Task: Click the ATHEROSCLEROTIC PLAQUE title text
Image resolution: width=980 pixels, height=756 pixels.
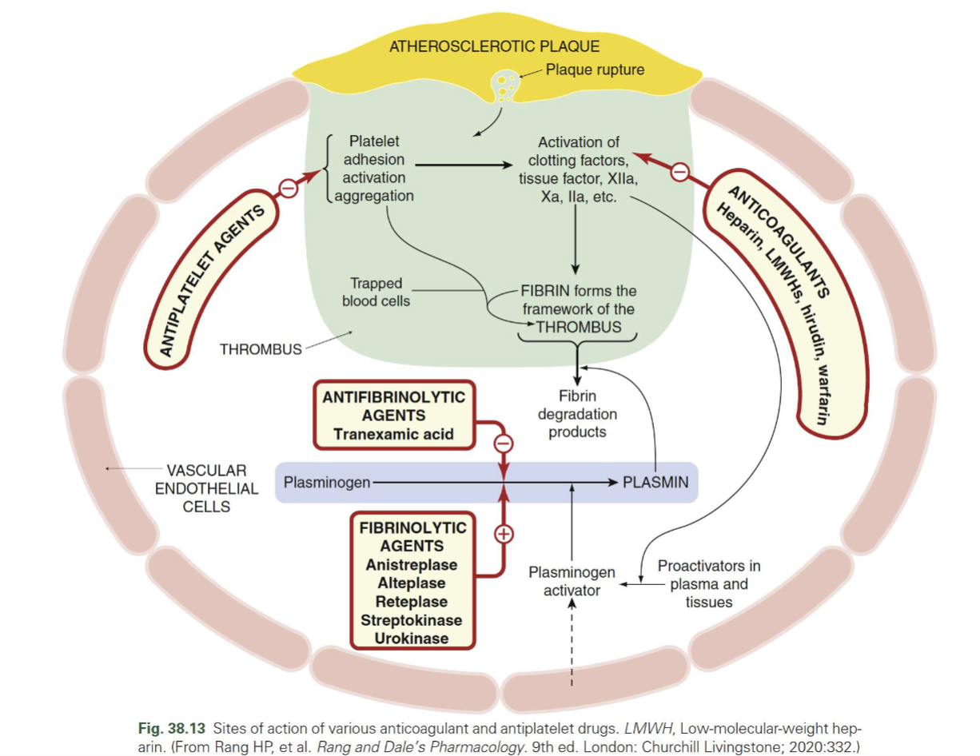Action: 494,46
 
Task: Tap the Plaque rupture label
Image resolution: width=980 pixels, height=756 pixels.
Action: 595,70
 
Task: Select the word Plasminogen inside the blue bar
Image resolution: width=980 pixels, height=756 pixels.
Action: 327,482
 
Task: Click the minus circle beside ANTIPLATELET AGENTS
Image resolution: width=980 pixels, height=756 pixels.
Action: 288,188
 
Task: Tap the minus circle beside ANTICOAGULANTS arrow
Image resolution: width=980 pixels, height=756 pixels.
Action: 679,172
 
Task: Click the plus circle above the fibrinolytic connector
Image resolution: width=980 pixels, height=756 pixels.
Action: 504,534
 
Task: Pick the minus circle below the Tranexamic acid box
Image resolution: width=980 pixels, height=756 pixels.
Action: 504,442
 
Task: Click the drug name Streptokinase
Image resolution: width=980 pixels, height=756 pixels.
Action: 411,620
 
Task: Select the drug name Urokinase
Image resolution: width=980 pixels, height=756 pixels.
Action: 411,639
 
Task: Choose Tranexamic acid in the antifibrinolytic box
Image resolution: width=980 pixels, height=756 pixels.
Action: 393,434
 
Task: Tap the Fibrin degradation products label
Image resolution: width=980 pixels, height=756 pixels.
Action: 577,414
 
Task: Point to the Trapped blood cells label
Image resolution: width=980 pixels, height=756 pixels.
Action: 376,292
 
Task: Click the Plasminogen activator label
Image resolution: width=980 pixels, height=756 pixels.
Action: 572,581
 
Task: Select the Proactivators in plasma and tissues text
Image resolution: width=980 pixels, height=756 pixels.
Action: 708,583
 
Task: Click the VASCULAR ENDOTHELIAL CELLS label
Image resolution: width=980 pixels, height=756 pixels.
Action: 206,488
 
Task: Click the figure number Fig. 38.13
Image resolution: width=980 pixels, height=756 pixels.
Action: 173,729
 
